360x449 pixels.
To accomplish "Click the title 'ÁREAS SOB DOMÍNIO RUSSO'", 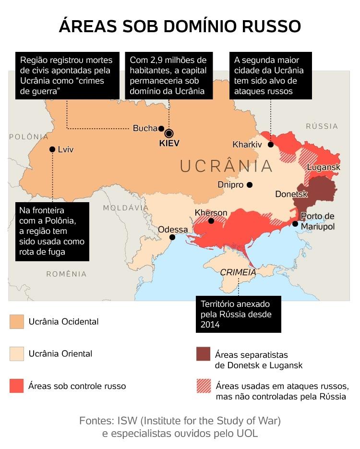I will coord(180,26).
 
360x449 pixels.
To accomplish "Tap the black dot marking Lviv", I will coord(52,149).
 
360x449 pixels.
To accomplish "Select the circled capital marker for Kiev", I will coord(169,133).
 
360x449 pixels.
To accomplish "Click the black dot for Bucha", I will coord(161,128).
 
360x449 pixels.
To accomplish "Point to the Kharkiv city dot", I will coord(271,145).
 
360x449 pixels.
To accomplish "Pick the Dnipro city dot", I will coord(249,185).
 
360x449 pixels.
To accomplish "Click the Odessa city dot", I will coord(172,237).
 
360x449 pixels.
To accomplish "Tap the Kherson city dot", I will coord(211,221).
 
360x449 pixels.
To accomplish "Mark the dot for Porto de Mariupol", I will coord(295,224).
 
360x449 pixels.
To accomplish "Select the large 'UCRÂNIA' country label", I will coord(227,166).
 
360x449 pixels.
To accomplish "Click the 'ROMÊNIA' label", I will coord(66,274).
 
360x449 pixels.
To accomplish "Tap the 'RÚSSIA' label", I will coord(322,126).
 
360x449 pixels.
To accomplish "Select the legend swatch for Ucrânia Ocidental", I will coord(17,322).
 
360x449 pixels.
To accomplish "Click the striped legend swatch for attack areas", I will coord(204,386).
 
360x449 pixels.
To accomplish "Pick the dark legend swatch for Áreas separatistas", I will coord(204,354).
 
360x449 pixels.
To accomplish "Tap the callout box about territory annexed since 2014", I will coord(238,315).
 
